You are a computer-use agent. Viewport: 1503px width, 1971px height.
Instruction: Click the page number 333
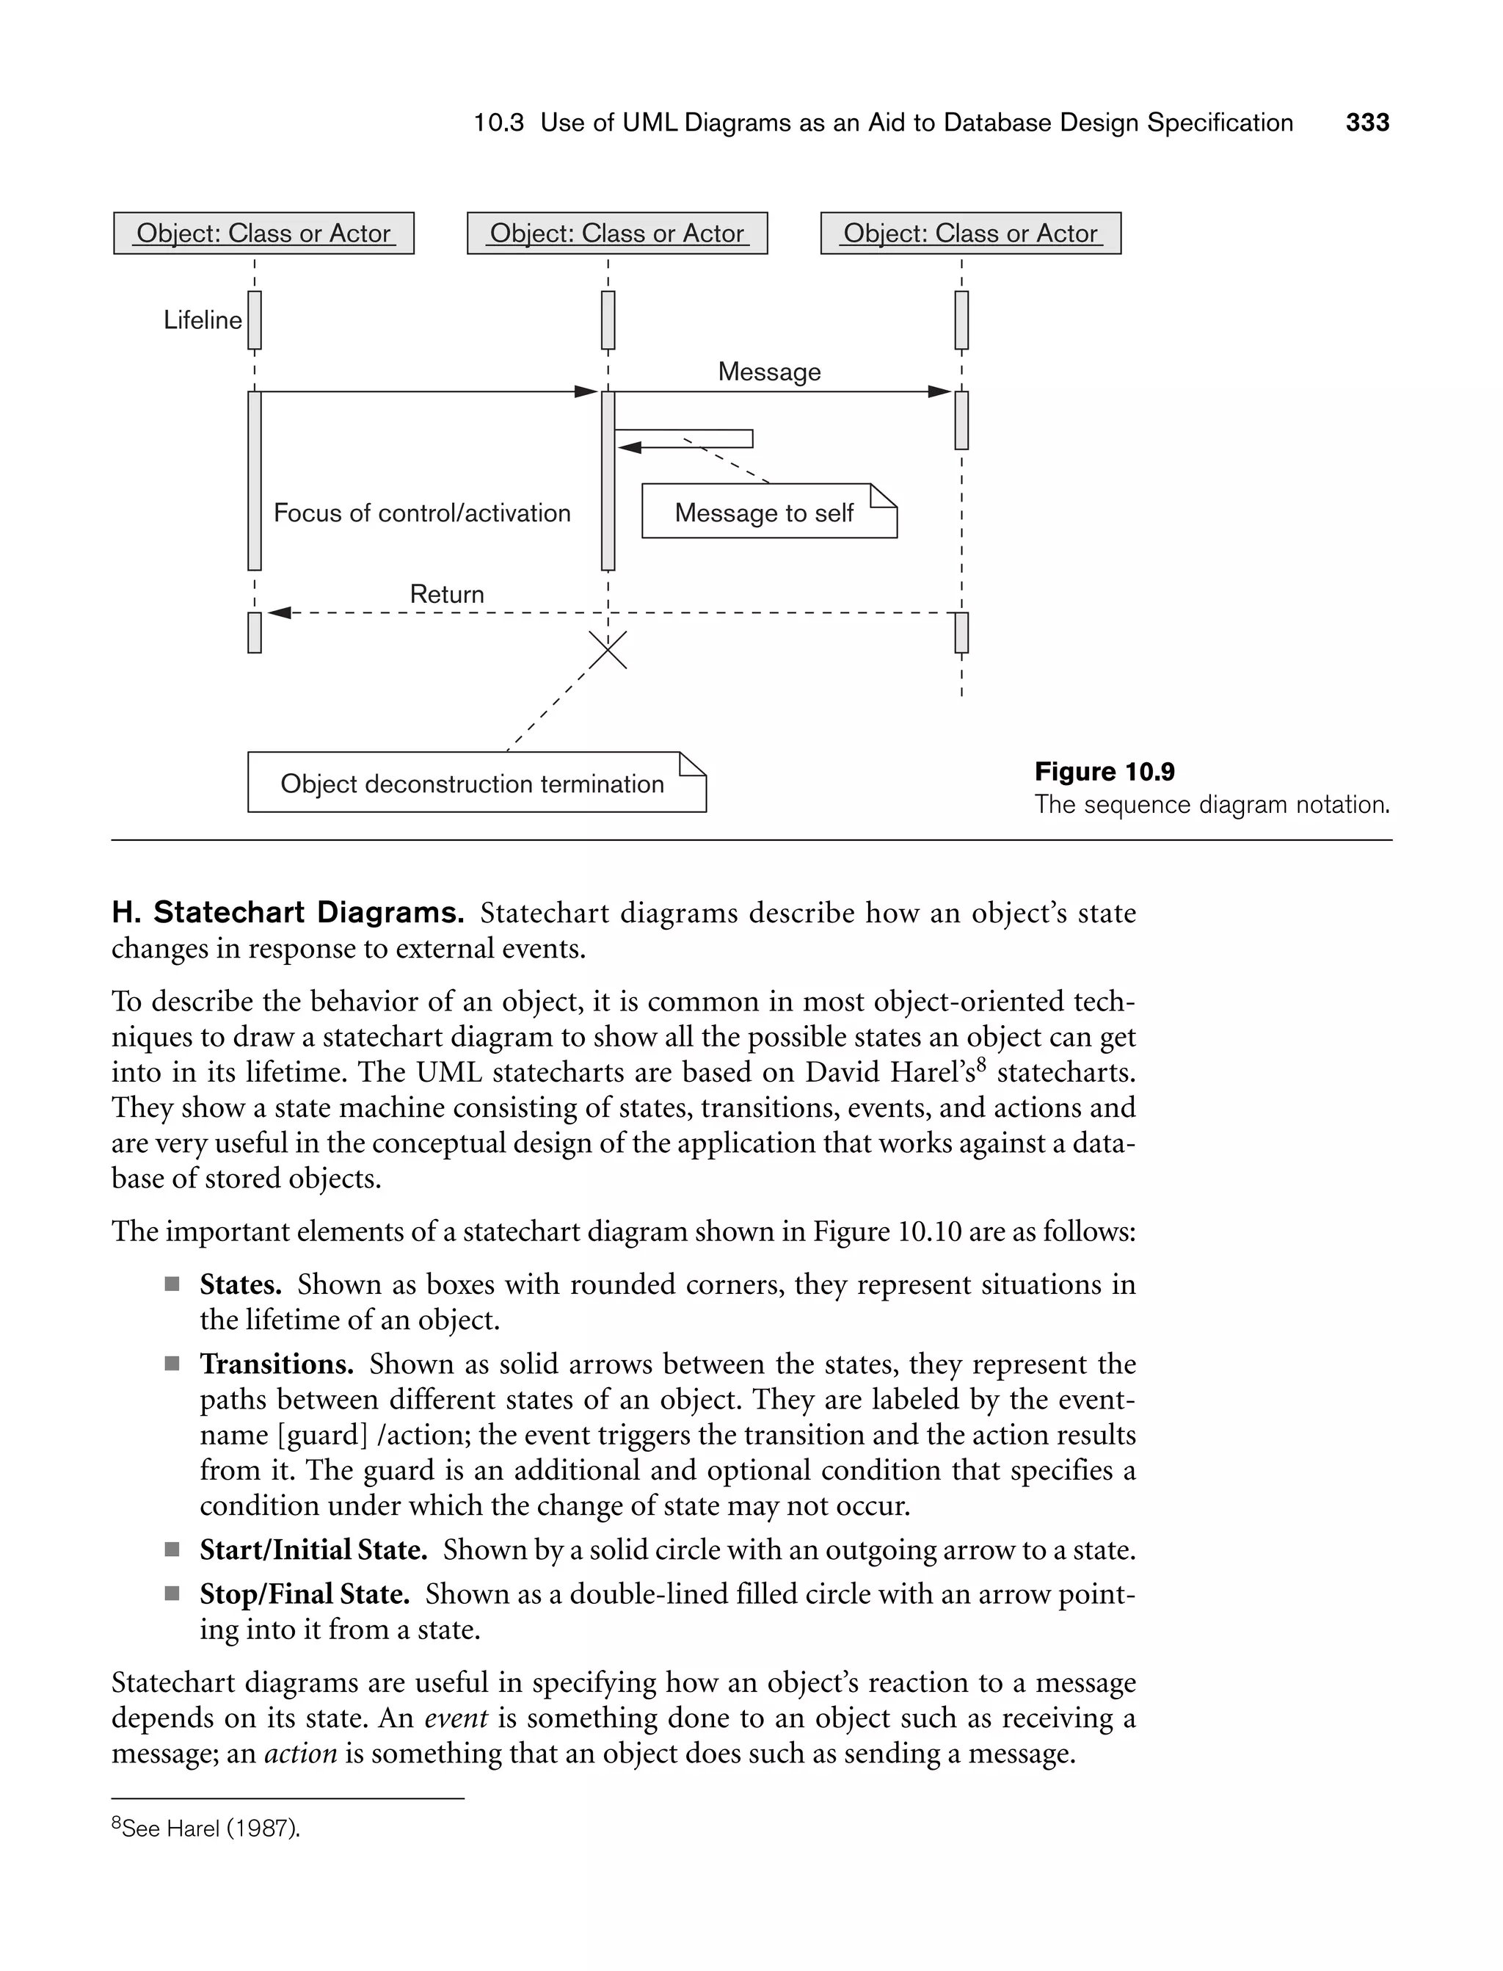(1367, 123)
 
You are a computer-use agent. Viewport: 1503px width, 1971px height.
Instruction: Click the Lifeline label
(203, 320)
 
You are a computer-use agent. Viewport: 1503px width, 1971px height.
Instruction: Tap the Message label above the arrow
(768, 372)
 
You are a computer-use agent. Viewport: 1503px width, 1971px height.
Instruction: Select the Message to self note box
(768, 512)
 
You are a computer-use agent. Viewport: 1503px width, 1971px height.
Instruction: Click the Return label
(446, 593)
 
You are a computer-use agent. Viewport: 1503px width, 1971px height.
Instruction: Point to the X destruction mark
(608, 650)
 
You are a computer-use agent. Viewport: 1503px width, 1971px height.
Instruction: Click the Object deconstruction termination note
(476, 784)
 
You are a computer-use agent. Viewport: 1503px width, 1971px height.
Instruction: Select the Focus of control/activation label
(421, 513)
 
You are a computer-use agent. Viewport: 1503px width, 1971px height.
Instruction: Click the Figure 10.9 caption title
(1104, 772)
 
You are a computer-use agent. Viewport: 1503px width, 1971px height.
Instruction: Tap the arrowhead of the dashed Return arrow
(278, 613)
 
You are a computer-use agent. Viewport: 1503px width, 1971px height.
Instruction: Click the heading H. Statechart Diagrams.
(287, 912)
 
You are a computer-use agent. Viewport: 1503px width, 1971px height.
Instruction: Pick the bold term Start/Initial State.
(313, 1549)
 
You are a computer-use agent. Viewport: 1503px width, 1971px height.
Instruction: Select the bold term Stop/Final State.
(304, 1594)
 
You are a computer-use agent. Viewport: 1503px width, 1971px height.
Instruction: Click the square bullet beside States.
(172, 1285)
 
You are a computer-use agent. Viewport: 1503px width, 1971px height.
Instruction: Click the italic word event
(455, 1718)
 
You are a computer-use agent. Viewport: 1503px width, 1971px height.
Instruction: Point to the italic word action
(301, 1753)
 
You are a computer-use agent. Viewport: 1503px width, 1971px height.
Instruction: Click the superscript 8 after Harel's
(980, 1065)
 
